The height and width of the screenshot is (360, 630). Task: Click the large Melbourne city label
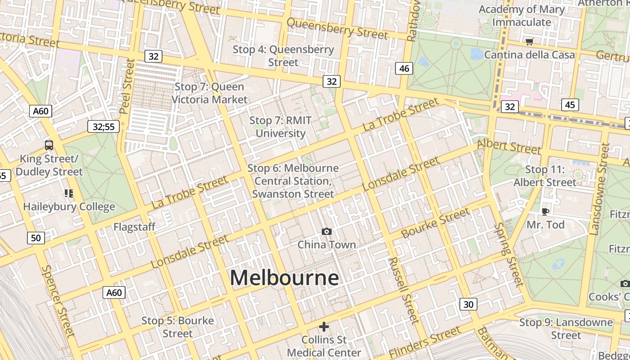(284, 278)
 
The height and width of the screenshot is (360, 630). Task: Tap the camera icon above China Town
(327, 231)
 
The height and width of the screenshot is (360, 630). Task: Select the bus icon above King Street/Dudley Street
(49, 145)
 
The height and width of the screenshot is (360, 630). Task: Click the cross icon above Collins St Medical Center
(324, 326)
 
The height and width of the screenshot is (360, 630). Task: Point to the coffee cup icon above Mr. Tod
(545, 211)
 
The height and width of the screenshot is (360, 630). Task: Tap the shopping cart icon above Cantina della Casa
(529, 42)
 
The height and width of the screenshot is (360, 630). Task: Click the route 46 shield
(404, 68)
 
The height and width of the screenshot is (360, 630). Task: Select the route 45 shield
(570, 105)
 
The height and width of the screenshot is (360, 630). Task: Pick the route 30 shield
(468, 304)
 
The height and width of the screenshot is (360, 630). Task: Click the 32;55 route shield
(103, 126)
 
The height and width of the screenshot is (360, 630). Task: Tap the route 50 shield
(36, 238)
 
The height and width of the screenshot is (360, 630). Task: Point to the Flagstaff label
(134, 227)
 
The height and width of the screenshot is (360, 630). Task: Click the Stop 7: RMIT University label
(280, 127)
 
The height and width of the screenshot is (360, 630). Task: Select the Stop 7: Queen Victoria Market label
(210, 93)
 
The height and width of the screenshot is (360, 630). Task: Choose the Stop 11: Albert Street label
(545, 176)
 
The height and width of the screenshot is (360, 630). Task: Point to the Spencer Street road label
(58, 301)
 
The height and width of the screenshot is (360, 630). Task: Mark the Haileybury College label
(69, 207)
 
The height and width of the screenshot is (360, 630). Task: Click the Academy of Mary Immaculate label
(522, 16)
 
